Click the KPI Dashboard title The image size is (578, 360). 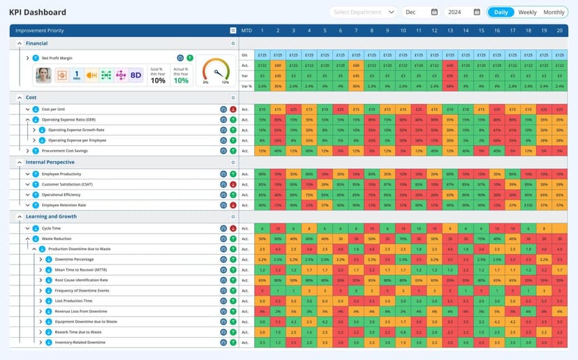(38, 12)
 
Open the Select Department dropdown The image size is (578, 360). (363, 12)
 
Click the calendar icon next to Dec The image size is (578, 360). (434, 12)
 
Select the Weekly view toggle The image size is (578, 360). (527, 12)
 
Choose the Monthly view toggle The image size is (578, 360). (554, 12)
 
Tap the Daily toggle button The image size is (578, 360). (501, 12)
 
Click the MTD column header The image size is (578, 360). (246, 30)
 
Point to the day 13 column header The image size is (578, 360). (450, 30)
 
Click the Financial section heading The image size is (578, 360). (36, 43)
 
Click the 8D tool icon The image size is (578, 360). (135, 75)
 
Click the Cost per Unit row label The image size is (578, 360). (54, 110)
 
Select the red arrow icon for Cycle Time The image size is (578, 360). (233, 228)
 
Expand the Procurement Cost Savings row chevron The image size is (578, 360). (28, 151)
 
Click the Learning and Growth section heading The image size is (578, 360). (51, 216)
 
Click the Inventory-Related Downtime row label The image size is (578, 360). (80, 343)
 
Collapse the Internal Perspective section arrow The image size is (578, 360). (19, 162)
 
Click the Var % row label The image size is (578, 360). (245, 86)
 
